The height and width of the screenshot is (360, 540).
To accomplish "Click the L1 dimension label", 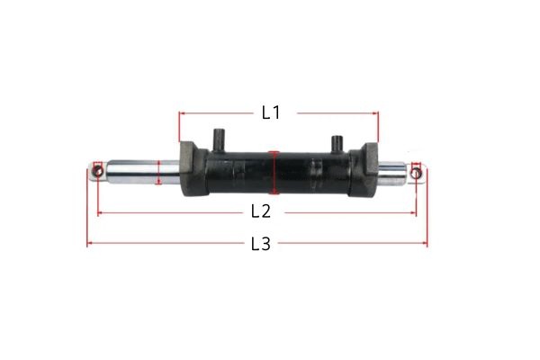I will point(271,113).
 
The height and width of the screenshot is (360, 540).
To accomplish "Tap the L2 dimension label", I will point(260,212).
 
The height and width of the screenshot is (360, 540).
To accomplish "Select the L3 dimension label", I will point(260,244).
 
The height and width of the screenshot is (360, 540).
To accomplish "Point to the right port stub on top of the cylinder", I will point(337,142).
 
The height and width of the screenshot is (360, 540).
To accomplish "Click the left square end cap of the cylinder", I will point(192,169).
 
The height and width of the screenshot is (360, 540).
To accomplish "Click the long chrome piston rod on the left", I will point(135,171).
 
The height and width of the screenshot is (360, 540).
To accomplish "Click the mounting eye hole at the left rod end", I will point(97,170).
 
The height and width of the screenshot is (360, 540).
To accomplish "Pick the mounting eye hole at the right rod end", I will point(416,170).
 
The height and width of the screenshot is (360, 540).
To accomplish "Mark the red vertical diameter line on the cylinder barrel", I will point(275,172).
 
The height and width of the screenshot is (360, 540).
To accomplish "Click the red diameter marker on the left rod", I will point(158,171).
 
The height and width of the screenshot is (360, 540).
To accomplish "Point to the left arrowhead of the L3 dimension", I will point(89,244).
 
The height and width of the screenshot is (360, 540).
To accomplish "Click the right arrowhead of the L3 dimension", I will point(425,244).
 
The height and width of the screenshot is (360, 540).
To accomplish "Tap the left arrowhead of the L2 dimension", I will point(100,213).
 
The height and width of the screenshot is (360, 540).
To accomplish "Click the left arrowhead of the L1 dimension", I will point(181,113).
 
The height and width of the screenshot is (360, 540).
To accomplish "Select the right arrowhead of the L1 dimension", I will point(376,113).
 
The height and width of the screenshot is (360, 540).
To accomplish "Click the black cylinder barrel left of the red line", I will point(238,172).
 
